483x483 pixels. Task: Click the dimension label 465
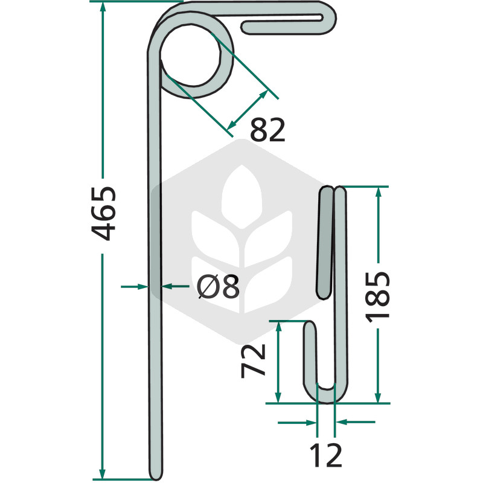coord(103,213)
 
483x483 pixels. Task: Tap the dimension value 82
coord(267,130)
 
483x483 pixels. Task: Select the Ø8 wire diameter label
coord(218,286)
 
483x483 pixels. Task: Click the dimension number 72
coord(253,360)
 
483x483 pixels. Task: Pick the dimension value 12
coord(325,455)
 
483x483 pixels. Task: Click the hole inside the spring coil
coord(190,56)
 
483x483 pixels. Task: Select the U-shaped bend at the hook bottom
coord(325,396)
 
